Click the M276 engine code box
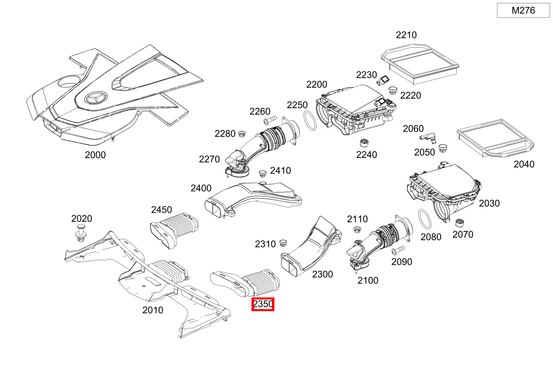point(523,10)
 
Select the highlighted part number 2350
point(263,305)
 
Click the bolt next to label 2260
point(270,122)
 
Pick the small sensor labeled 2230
point(384,80)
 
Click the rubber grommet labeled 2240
point(364,142)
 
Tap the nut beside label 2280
point(241,134)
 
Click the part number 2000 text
point(95,155)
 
